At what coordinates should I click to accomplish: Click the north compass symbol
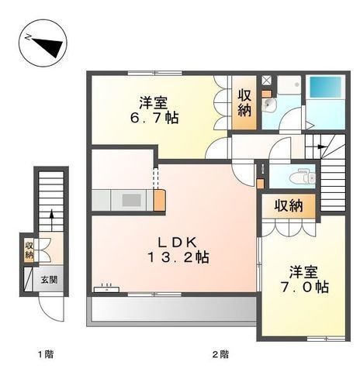pyautogui.click(x=43, y=43)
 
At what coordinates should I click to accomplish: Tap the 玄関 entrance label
pyautogui.click(x=49, y=280)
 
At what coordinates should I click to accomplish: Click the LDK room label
pyautogui.click(x=178, y=243)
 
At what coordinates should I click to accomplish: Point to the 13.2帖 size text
pyautogui.click(x=178, y=257)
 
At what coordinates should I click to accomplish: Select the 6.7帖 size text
pyautogui.click(x=154, y=118)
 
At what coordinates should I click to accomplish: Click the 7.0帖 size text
pyautogui.click(x=305, y=287)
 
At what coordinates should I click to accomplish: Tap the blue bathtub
pyautogui.click(x=326, y=88)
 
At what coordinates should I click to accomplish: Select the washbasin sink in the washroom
pyautogui.click(x=269, y=105)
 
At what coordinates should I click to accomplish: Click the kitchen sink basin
pyautogui.click(x=132, y=200)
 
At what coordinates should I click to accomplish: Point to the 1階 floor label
pyautogui.click(x=46, y=354)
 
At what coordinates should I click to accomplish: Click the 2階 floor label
pyautogui.click(x=220, y=354)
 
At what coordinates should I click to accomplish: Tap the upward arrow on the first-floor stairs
pyautogui.click(x=52, y=220)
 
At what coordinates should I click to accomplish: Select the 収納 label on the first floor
pyautogui.click(x=29, y=250)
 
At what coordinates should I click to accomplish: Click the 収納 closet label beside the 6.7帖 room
pyautogui.click(x=244, y=102)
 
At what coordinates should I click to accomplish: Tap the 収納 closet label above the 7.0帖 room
pyautogui.click(x=289, y=206)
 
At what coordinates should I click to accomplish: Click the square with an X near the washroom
pyautogui.click(x=266, y=80)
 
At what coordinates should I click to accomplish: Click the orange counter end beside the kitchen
pyautogui.click(x=159, y=200)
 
